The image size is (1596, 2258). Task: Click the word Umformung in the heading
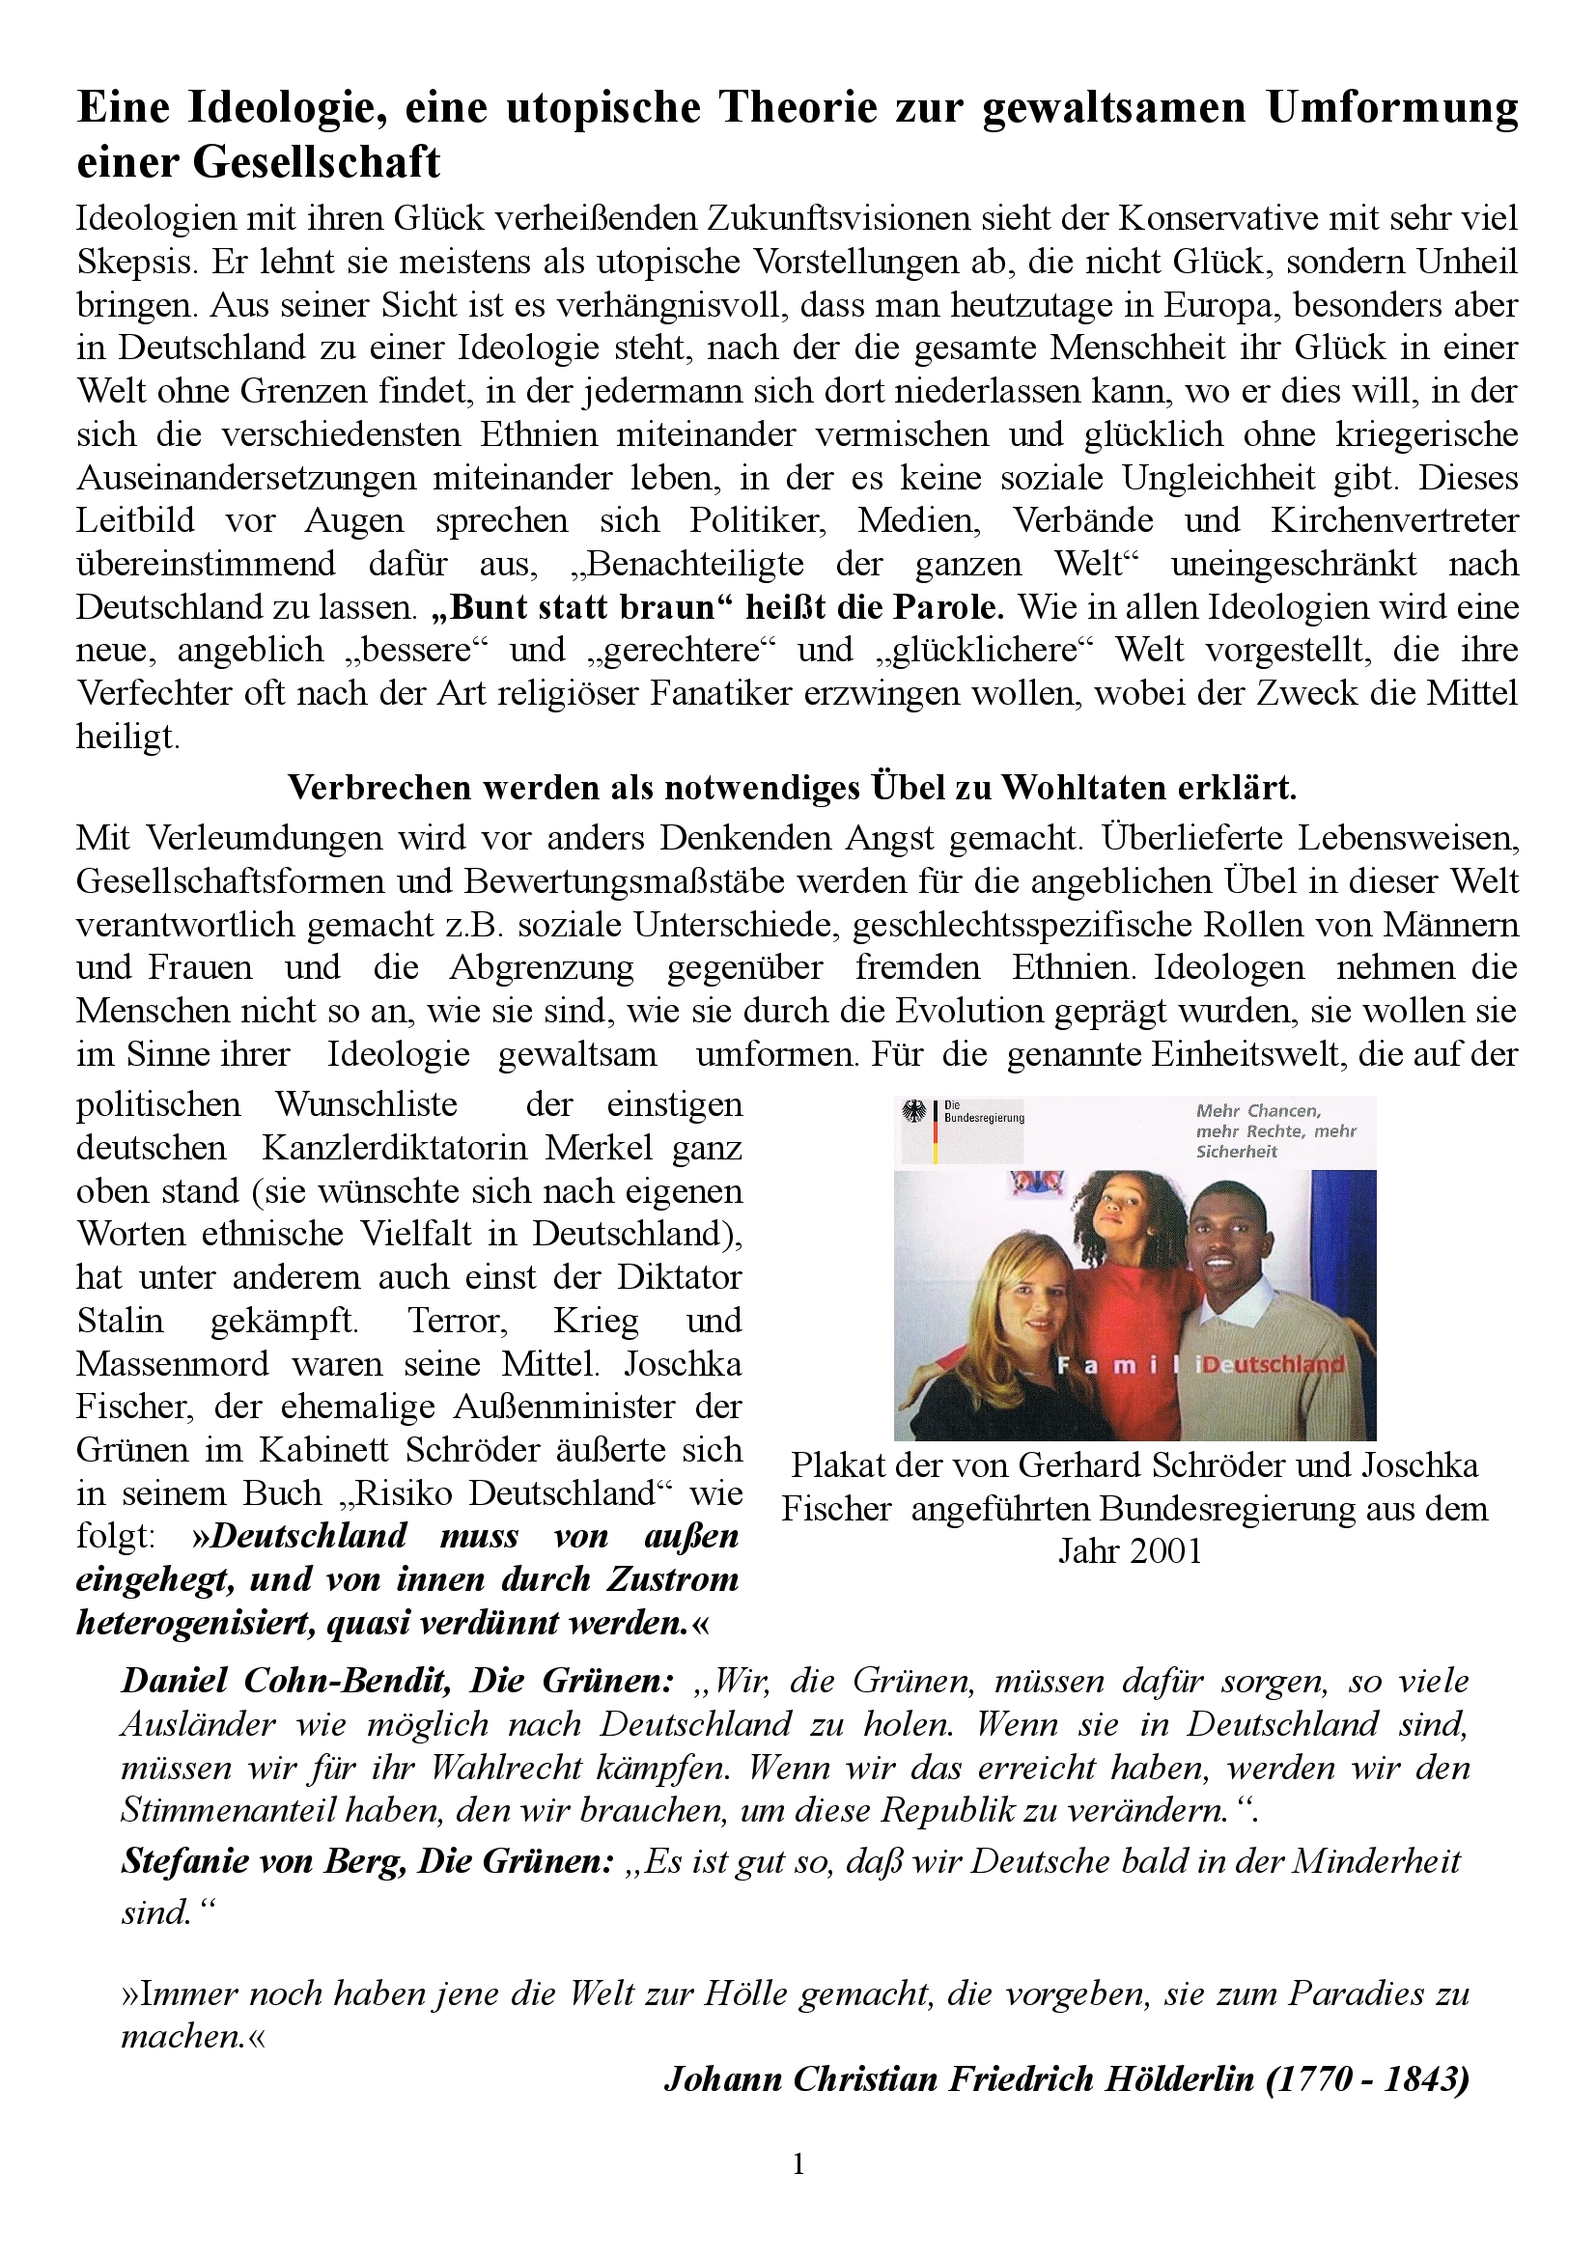[1391, 108]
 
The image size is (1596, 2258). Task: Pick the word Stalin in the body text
[120, 1320]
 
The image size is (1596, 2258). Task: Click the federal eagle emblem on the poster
[915, 1113]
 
